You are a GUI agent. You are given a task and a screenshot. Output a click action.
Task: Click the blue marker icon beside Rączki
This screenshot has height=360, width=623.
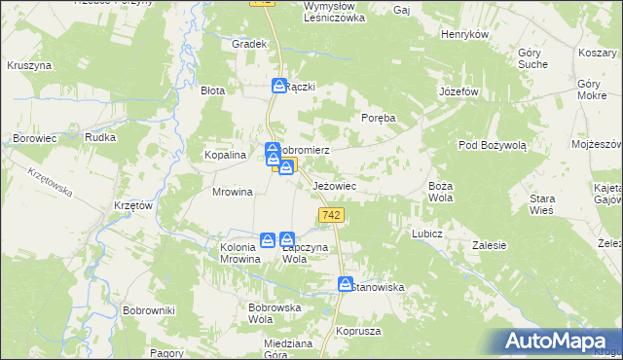click(x=279, y=87)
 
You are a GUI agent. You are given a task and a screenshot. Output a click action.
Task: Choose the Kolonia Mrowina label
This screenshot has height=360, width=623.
click(x=232, y=253)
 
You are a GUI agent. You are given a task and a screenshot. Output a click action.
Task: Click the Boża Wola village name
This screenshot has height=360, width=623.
click(x=442, y=191)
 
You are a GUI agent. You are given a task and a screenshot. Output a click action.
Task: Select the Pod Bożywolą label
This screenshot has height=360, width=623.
click(x=493, y=145)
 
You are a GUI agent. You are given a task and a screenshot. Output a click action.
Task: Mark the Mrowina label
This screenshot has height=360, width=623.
click(x=233, y=192)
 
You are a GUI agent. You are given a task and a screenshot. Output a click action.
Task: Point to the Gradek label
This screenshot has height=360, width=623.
click(x=249, y=44)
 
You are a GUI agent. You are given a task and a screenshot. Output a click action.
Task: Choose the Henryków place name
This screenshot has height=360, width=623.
click(x=463, y=34)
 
